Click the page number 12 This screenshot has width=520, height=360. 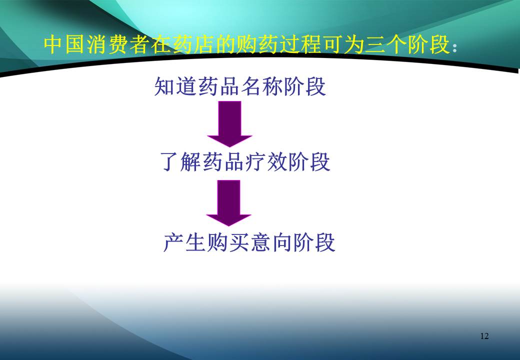[x=484, y=336]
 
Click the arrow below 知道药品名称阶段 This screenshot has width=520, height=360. [x=229, y=123]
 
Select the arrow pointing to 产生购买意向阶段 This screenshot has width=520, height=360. [x=229, y=202]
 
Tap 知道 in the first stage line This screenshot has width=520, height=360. [x=175, y=86]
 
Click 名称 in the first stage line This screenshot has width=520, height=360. [x=261, y=86]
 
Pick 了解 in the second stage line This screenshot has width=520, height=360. [x=182, y=162]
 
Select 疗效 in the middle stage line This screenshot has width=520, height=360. [x=266, y=162]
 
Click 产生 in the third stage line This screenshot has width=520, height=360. [x=184, y=242]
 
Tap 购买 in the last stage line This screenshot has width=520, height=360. [x=227, y=242]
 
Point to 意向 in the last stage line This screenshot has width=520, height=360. [x=270, y=242]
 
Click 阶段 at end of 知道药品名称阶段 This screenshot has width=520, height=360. [x=304, y=86]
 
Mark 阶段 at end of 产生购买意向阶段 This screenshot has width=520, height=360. [x=313, y=242]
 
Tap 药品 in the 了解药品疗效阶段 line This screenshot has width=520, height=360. [x=224, y=162]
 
